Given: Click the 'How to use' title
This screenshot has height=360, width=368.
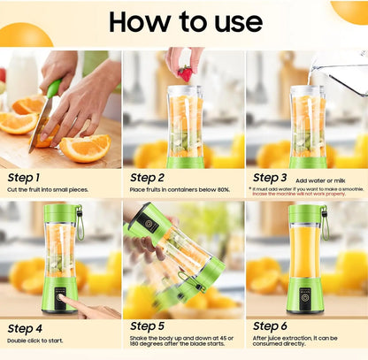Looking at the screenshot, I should point(184,22).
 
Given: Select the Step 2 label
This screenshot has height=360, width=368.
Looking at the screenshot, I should point(148,178).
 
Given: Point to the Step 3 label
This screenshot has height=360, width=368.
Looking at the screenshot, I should point(271,178).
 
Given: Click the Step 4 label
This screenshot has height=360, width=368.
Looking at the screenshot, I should point(26,328).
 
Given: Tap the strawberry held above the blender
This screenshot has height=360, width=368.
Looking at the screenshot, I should point(184,73).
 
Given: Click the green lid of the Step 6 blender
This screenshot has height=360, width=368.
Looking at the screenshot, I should point(305,214).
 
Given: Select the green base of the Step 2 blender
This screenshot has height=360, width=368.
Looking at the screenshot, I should point(185,162).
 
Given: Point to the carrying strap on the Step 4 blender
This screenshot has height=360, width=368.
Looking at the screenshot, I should point(80,223).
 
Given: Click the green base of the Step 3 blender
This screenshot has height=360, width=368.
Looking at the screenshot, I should point(307,162).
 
